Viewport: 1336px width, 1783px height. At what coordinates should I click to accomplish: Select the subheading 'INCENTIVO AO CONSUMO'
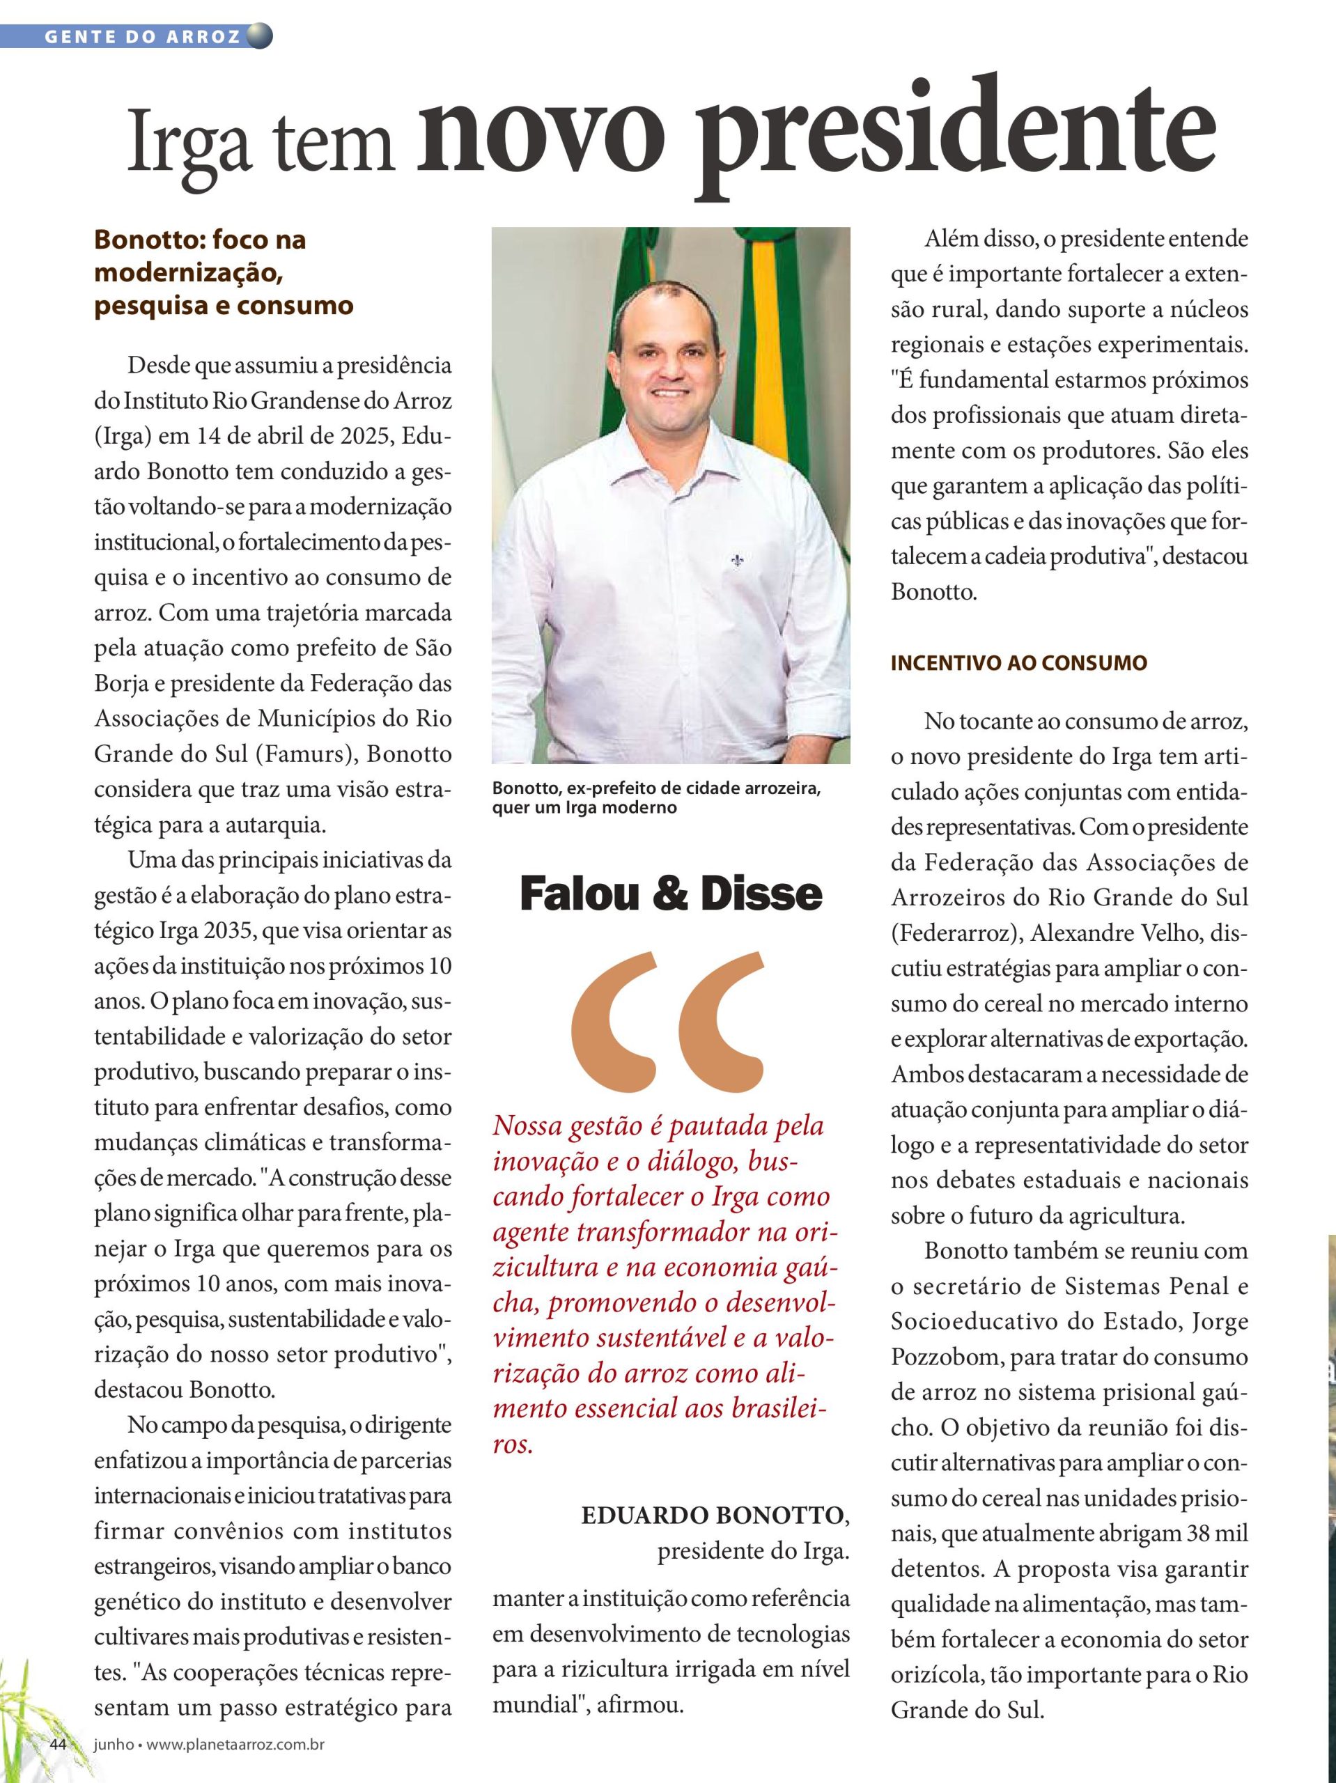[x=1018, y=663]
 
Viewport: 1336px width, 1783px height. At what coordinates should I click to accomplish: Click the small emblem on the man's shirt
[x=736, y=559]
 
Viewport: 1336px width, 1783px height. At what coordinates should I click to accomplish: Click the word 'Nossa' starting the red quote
[x=527, y=1126]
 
